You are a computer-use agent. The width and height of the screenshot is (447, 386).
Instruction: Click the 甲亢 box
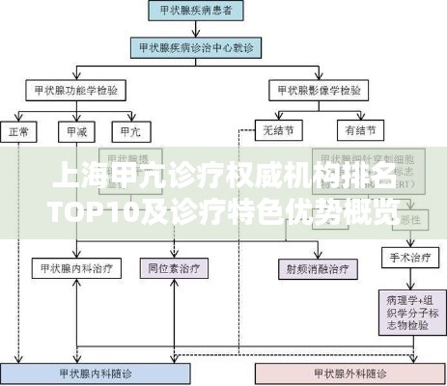[128, 129]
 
